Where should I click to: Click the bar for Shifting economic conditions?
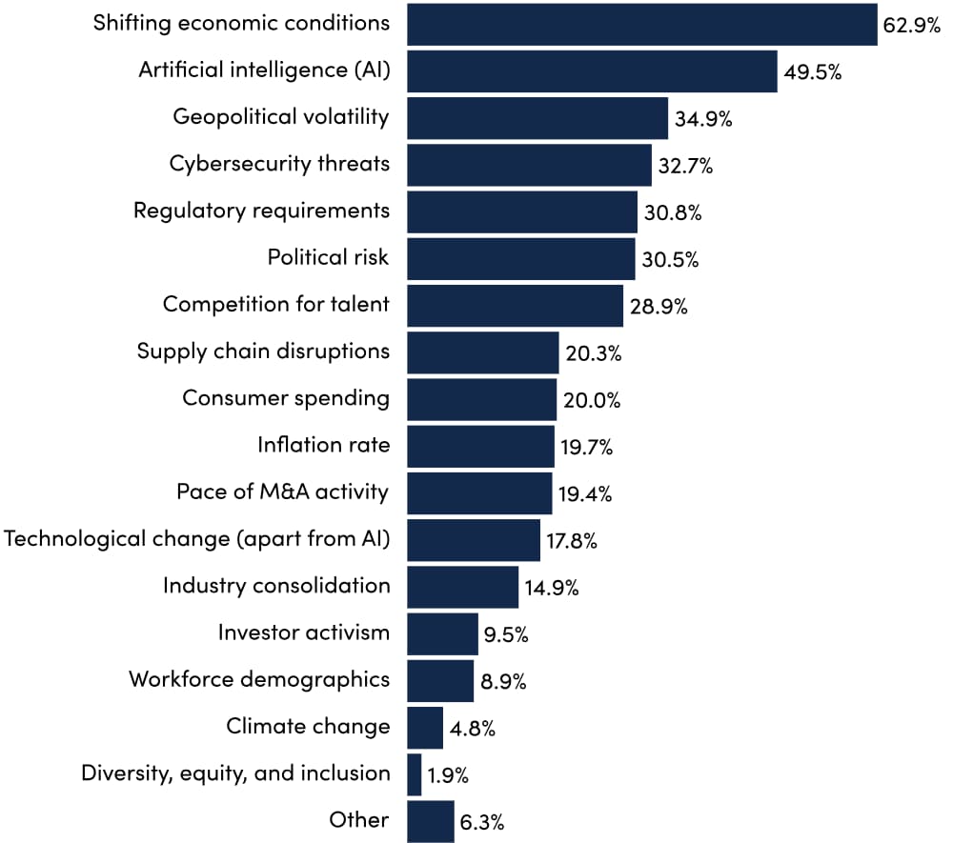(x=641, y=25)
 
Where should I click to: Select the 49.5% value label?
(x=812, y=72)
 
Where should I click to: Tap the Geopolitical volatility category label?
(x=281, y=117)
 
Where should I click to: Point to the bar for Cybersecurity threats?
(x=529, y=165)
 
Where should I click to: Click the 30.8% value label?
(x=672, y=213)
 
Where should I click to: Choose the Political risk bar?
(x=520, y=259)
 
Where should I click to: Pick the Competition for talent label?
(x=276, y=305)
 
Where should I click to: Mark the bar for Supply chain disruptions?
(x=482, y=352)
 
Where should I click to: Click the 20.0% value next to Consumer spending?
(x=591, y=401)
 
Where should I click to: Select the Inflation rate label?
(x=324, y=445)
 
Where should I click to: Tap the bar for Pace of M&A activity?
(x=479, y=492)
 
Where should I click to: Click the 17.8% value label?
(x=572, y=542)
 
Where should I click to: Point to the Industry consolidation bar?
(x=462, y=587)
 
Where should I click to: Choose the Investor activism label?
(x=304, y=632)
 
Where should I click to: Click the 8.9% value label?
(x=505, y=682)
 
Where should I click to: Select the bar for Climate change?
(x=425, y=728)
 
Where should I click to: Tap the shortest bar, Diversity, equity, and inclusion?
(x=414, y=774)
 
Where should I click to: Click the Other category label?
(x=359, y=820)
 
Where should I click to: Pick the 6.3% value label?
(x=482, y=822)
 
